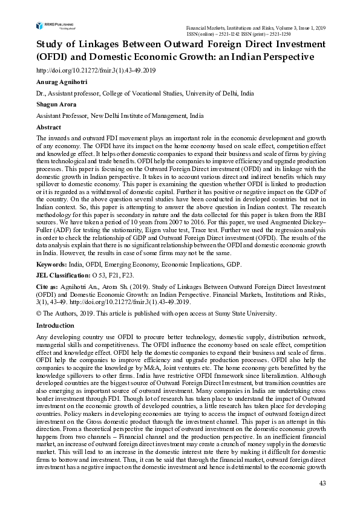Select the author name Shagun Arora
[57, 105]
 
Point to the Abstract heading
[49, 128]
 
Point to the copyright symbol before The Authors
[39, 313]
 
